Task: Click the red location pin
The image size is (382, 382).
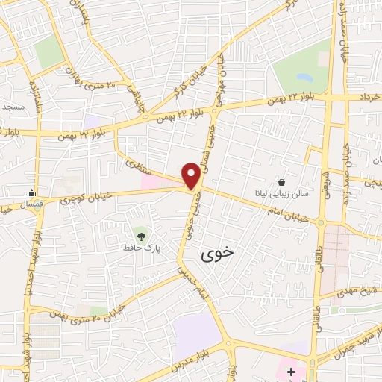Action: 191,175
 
